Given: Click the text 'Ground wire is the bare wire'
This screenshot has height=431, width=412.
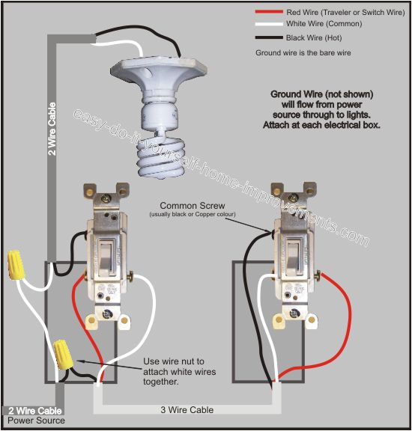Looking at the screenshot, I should pos(303,53).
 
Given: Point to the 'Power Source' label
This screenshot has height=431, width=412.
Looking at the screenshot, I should pos(31,421).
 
